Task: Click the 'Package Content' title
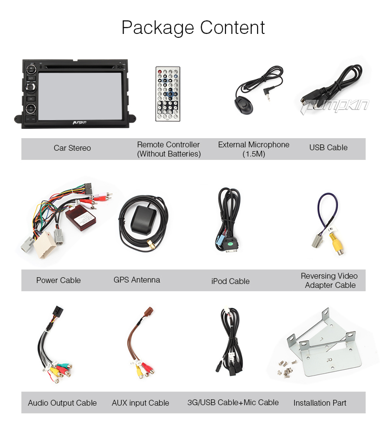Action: click(x=193, y=28)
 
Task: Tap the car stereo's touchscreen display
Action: click(x=81, y=95)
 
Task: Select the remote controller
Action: click(x=167, y=94)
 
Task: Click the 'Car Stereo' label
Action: click(x=72, y=148)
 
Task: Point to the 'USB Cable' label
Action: click(x=328, y=148)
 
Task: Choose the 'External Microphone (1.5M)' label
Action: click(x=254, y=149)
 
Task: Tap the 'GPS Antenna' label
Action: click(x=137, y=280)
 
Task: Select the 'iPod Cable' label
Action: click(x=230, y=281)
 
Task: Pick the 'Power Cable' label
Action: click(x=59, y=281)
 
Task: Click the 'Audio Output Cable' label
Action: click(x=63, y=403)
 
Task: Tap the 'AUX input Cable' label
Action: click(x=141, y=403)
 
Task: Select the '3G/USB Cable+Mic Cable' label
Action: click(x=233, y=403)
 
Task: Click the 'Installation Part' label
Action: click(x=320, y=403)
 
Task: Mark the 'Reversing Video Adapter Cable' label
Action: click(x=330, y=281)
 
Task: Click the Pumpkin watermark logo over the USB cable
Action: click(x=335, y=106)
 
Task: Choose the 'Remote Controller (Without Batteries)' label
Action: click(x=168, y=149)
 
